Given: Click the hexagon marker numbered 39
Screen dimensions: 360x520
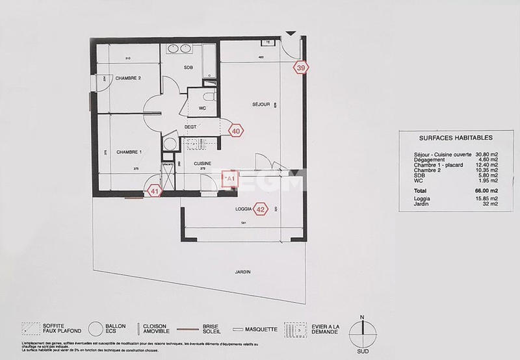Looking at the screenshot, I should pyautogui.click(x=300, y=67).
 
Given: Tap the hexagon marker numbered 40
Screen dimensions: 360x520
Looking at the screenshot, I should pyautogui.click(x=237, y=131).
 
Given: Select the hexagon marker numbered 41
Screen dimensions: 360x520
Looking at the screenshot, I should pyautogui.click(x=155, y=191).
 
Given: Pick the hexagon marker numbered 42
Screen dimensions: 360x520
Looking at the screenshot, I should pyautogui.click(x=261, y=209).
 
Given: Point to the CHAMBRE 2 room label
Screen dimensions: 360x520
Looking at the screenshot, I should pyautogui.click(x=128, y=78).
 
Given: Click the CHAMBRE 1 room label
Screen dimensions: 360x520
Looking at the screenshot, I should pyautogui.click(x=129, y=151).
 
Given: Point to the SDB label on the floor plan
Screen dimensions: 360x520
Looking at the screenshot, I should pyautogui.click(x=188, y=68).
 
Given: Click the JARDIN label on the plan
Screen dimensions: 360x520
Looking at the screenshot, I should pyautogui.click(x=244, y=272).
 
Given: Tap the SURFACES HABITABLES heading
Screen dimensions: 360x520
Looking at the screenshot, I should pyautogui.click(x=447, y=138).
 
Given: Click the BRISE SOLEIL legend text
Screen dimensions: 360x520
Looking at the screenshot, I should pyautogui.click(x=210, y=330).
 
